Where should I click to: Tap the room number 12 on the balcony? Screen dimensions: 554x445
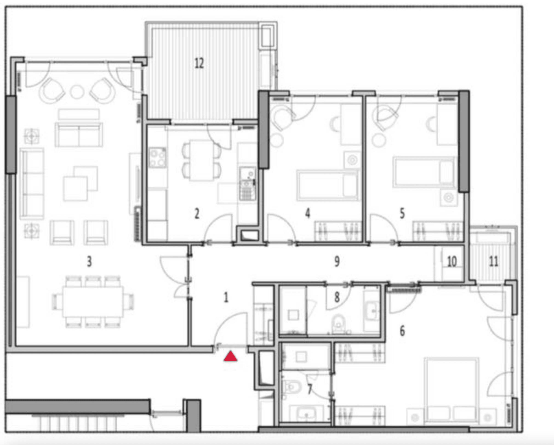(199, 63)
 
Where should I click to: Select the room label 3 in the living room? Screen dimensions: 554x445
(89, 262)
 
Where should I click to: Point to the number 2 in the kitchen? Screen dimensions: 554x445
(197, 214)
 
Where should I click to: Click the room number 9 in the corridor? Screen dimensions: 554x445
(337, 262)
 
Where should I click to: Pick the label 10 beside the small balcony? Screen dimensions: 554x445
(452, 262)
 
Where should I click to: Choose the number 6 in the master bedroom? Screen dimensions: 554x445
(402, 331)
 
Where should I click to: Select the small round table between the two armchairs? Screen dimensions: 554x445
(77, 92)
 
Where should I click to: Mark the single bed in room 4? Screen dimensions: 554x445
(328, 185)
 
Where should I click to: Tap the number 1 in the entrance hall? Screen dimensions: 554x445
(226, 298)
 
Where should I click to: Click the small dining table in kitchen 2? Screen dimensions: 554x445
(201, 160)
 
